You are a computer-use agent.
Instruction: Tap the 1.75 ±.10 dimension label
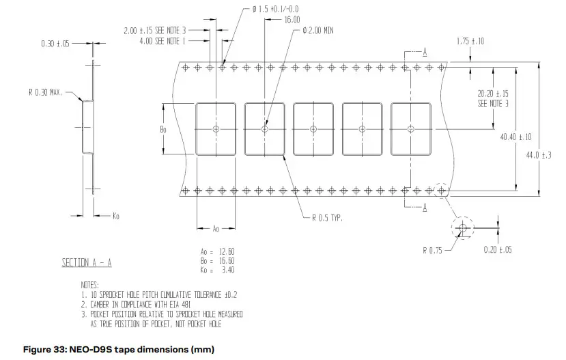[x=470, y=42]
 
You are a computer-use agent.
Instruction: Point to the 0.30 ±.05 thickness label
[x=55, y=44]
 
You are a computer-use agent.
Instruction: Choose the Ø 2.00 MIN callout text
[x=318, y=31]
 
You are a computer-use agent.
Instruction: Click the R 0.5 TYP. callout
[x=327, y=218]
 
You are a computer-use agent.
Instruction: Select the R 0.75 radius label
[x=433, y=250]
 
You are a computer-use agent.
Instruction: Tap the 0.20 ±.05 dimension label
[x=498, y=250]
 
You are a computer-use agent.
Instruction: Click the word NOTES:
[x=89, y=284]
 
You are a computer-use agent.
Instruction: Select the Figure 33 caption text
[x=119, y=350]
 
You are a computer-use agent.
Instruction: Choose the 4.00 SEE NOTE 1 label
[x=161, y=40]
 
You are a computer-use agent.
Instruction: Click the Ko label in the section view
[x=116, y=216]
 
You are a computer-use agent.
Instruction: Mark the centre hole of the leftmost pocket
[x=216, y=128]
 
